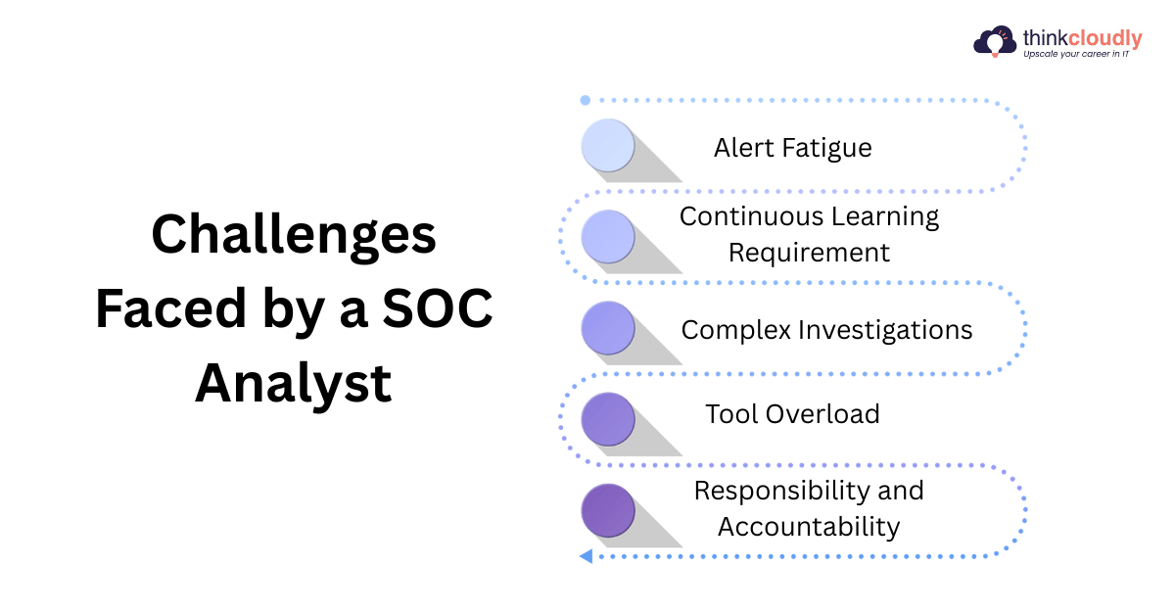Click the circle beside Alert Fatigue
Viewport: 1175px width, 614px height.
[608, 145]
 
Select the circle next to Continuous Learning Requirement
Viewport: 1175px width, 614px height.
[608, 237]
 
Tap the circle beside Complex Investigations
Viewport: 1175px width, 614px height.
[608, 328]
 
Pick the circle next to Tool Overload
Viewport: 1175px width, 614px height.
[608, 419]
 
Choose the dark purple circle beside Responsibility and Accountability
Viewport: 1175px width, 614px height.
[608, 510]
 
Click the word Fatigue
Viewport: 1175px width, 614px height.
[826, 149]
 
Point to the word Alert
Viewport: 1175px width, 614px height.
[744, 148]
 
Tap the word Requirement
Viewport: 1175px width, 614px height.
[809, 254]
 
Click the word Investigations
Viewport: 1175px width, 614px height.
[885, 331]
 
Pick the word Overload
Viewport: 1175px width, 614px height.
[822, 414]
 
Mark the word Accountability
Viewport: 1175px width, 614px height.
[809, 527]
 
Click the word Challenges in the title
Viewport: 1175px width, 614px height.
[294, 236]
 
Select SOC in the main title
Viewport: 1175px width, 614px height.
[438, 308]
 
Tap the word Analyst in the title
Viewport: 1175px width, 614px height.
[293, 385]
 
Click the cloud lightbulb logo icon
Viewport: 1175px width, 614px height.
[995, 41]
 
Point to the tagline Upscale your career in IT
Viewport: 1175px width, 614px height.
[1076, 54]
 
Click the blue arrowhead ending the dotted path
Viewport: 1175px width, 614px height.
[587, 556]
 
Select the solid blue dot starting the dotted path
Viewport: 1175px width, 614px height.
[586, 100]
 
